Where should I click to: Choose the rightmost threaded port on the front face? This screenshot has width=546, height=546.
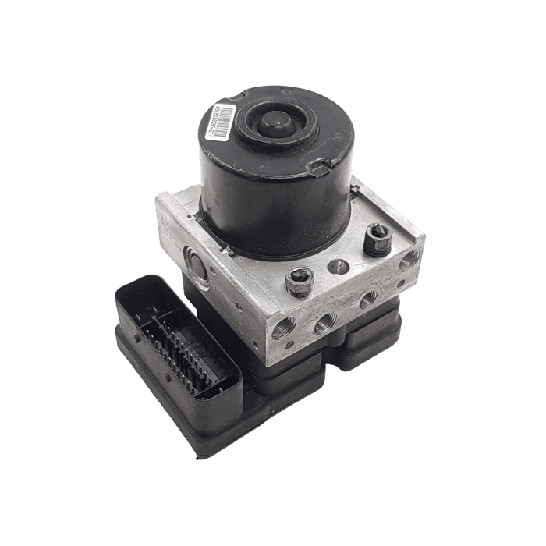367,298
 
